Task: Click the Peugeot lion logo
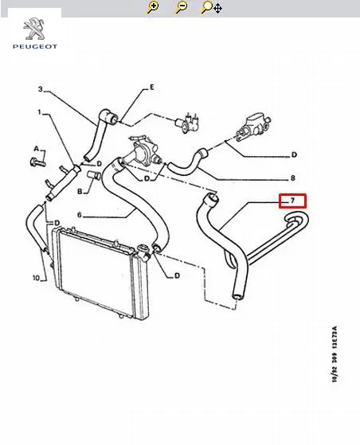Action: (34, 29)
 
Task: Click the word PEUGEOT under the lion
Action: (35, 46)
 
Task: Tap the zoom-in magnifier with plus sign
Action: (152, 7)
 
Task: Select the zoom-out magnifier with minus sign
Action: (181, 7)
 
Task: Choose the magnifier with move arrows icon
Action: (211, 8)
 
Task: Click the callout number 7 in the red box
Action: (292, 201)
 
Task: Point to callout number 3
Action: (41, 89)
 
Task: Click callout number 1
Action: (40, 112)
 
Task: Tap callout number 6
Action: (79, 215)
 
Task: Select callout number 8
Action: (293, 178)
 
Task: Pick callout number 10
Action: (36, 278)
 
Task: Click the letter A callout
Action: (36, 148)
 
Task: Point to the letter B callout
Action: (80, 192)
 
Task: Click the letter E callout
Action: (152, 87)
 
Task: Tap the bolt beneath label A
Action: (37, 162)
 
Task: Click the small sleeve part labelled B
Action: (94, 175)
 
